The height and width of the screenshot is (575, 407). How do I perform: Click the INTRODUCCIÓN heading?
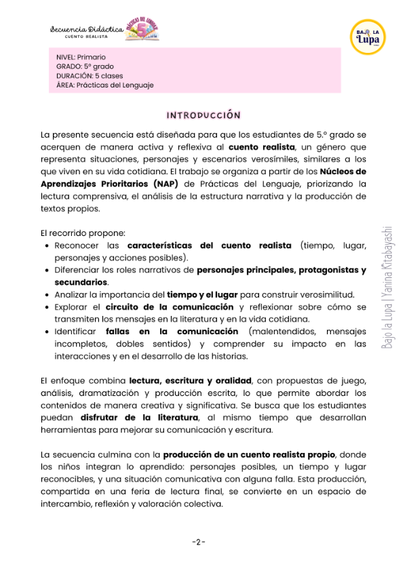tap(203, 115)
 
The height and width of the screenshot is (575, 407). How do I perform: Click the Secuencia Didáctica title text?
tap(87, 29)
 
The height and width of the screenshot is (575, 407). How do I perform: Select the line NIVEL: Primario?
tap(81, 57)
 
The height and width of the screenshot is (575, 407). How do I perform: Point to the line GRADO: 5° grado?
tap(85, 66)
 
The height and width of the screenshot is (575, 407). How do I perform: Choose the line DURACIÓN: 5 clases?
tap(90, 76)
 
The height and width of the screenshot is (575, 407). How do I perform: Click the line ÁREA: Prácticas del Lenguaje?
tap(105, 85)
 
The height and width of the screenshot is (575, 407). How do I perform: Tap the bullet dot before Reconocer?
tap(45, 246)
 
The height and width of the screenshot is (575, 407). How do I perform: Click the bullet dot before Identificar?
tap(45, 332)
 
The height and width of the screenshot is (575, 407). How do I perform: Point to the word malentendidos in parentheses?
tap(282, 332)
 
